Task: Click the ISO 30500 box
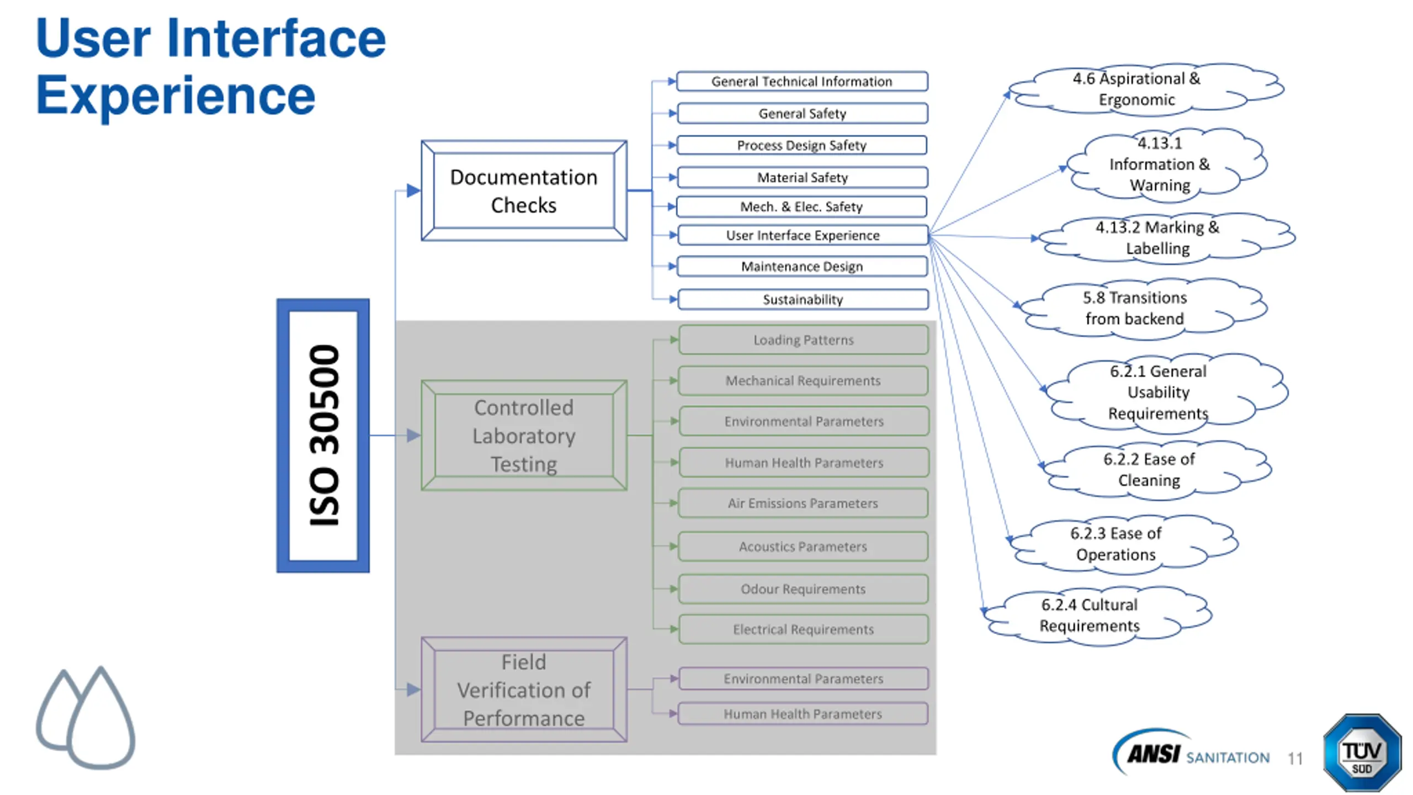click(323, 436)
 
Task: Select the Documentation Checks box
click(524, 190)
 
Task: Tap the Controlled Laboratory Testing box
click(524, 436)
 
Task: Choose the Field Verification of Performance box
click(524, 690)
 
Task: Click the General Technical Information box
click(802, 81)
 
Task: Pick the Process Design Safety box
click(802, 145)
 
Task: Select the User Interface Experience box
click(803, 235)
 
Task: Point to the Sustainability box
click(803, 299)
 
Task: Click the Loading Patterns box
click(804, 340)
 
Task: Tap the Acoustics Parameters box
click(803, 547)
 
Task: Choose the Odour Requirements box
click(803, 589)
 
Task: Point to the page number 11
click(1295, 759)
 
